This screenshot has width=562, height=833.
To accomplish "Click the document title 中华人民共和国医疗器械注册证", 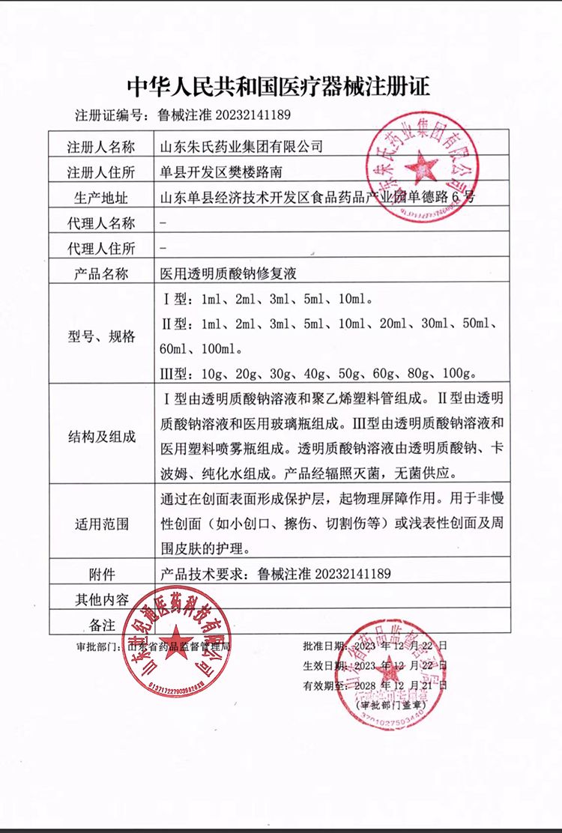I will (279, 86).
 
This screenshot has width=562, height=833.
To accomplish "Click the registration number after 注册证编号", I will (222, 115).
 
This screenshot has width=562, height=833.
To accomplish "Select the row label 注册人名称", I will (101, 145).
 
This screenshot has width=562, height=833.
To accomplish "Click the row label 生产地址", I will (101, 198).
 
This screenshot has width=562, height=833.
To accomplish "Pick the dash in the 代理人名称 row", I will (163, 223).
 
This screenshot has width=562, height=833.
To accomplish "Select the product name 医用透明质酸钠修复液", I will (229, 274).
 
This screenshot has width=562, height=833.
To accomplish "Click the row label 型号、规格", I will (101, 336).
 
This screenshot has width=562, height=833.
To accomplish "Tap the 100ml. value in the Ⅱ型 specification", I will (222, 348).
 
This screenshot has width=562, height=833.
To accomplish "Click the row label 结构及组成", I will (101, 436).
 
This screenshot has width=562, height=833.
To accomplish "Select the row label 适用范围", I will (101, 524).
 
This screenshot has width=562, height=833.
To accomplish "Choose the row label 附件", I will (101, 575).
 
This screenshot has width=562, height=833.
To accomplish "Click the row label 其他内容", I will (101, 599).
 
